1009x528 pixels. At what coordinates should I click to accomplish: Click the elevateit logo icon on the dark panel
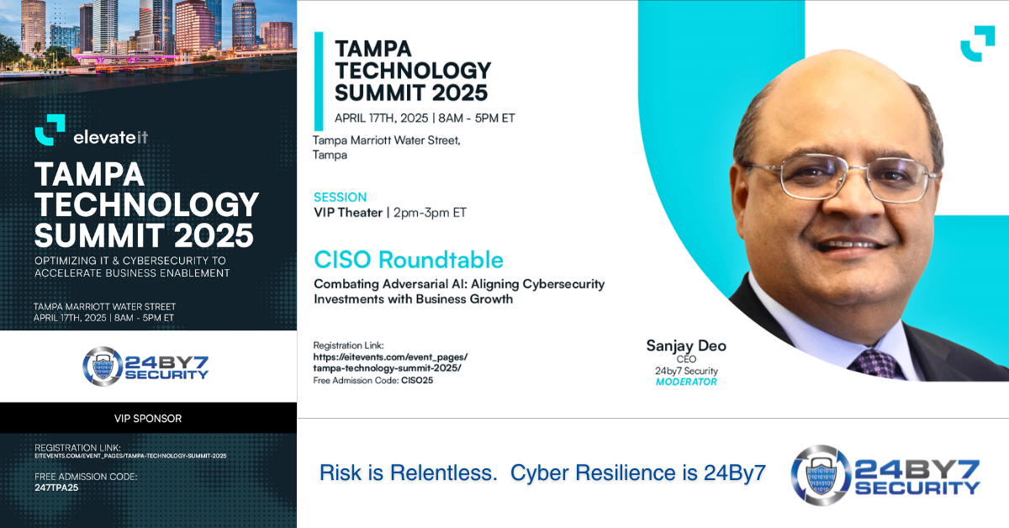click(50, 129)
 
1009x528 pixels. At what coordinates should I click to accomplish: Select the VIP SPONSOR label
click(148, 419)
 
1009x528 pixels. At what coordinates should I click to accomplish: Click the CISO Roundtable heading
click(409, 260)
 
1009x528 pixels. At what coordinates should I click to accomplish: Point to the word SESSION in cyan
click(340, 198)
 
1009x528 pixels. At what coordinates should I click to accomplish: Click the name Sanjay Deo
click(686, 346)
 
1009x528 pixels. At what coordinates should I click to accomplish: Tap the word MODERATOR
click(686, 382)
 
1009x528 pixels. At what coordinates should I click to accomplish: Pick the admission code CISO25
click(417, 380)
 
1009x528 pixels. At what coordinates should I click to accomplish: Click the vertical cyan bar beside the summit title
click(319, 81)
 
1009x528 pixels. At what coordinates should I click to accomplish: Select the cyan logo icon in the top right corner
click(977, 44)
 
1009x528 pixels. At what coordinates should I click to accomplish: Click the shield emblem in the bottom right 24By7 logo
click(821, 475)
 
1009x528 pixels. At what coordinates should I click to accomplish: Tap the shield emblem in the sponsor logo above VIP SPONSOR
click(103, 367)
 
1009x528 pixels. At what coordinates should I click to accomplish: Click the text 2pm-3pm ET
click(430, 213)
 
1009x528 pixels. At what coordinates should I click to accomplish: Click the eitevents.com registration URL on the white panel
click(390, 362)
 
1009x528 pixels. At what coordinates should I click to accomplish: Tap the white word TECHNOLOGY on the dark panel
click(147, 204)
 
